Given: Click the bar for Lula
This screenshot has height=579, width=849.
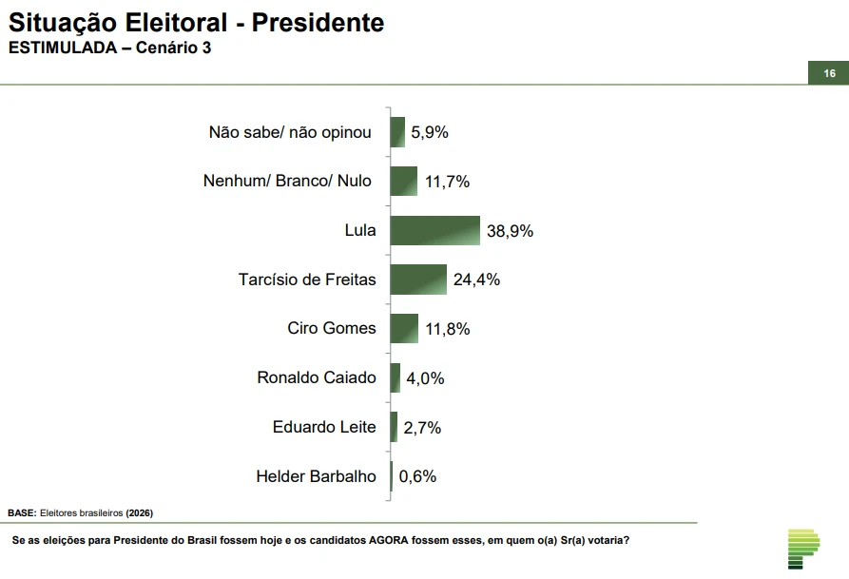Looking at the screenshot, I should click(x=434, y=230).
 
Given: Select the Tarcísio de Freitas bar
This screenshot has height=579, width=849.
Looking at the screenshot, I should click(x=418, y=280).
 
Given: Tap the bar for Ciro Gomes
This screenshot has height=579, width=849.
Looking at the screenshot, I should click(x=404, y=328).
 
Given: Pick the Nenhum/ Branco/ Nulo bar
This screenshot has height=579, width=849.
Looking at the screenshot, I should click(x=404, y=181).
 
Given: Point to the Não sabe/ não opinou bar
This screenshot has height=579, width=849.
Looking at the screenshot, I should click(x=397, y=132).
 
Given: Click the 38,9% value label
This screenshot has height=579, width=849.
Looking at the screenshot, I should click(x=511, y=231).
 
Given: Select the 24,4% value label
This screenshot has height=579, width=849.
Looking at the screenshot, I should click(x=476, y=280).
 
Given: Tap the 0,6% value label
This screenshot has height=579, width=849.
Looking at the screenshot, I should click(x=417, y=476).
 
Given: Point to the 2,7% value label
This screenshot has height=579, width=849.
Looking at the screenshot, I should click(x=422, y=428).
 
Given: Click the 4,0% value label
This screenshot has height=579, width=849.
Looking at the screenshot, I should click(x=425, y=378).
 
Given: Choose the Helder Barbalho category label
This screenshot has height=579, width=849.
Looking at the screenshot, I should click(x=316, y=476).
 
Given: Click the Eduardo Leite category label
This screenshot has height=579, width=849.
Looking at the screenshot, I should click(x=324, y=427).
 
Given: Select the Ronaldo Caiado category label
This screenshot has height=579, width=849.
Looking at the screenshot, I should click(x=317, y=377).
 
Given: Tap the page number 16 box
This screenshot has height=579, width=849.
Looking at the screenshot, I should click(x=829, y=73).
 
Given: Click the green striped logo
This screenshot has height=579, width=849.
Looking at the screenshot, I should click(x=803, y=548).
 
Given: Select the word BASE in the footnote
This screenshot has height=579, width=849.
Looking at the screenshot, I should click(x=22, y=513).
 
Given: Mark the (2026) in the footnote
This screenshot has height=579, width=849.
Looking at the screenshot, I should click(x=139, y=513).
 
